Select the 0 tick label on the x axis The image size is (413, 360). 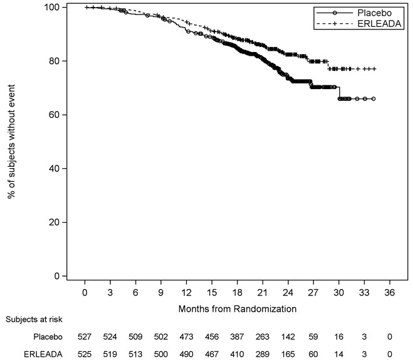pos(85,292)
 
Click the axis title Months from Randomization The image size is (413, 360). pos(238,309)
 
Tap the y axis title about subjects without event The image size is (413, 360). pos(11,141)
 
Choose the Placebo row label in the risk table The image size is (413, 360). pos(48,337)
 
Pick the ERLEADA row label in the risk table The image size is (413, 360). pos(43,354)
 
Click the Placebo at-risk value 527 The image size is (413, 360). pos(85,337)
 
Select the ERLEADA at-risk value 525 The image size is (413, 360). pos(85,354)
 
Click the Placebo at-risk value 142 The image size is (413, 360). pos(288,337)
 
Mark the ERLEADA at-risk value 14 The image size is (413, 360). pos(338,354)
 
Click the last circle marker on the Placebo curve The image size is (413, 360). pos(374,99)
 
